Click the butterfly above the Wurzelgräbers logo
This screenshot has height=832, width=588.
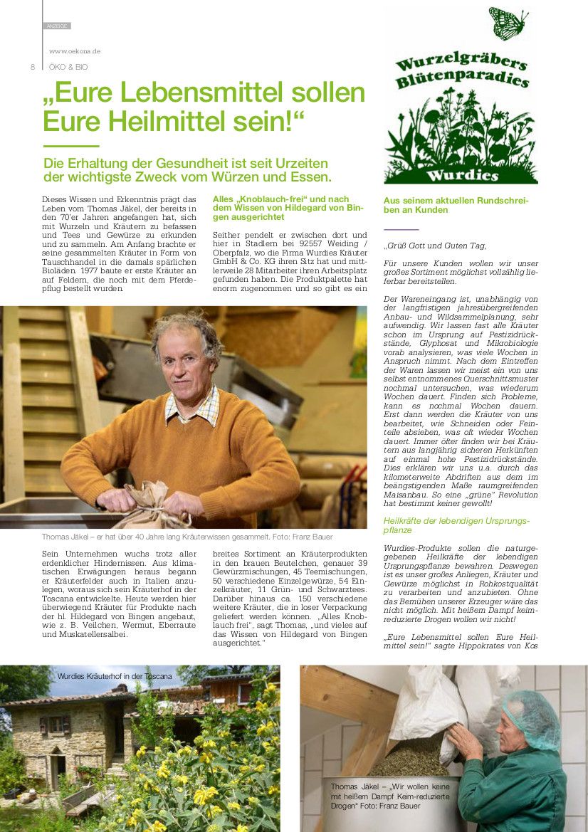point(508,23)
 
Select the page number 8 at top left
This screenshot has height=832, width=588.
point(33,68)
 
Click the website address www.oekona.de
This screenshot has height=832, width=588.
point(75,51)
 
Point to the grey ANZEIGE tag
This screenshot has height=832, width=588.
point(57,26)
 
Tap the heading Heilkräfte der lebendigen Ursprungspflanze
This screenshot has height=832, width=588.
point(456,525)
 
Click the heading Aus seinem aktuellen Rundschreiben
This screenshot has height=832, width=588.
point(456,205)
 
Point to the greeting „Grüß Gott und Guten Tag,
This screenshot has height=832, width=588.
point(435,246)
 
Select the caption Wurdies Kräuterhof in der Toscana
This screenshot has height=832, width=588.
point(115,675)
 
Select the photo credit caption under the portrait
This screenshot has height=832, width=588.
point(187,537)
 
